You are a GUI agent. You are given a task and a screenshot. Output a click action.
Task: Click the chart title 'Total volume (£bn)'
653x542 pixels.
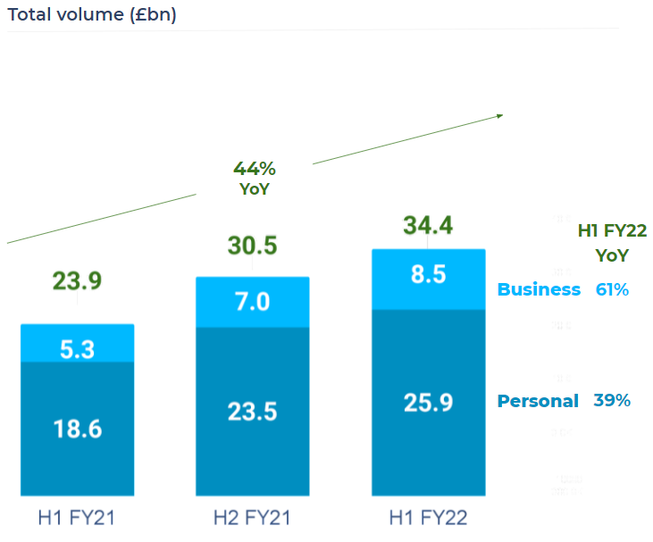[92, 14]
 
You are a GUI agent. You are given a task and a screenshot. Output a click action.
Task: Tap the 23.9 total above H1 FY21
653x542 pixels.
[77, 281]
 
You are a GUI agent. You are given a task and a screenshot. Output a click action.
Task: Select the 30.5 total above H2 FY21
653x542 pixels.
[252, 246]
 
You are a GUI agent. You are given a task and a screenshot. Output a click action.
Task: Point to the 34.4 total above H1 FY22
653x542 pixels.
[428, 225]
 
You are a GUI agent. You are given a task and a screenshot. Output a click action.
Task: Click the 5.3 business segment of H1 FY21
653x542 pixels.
[77, 350]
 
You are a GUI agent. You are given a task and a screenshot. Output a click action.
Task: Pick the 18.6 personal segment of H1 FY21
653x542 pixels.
[77, 429]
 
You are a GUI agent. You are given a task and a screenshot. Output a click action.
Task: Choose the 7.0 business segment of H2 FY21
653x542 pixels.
[252, 302]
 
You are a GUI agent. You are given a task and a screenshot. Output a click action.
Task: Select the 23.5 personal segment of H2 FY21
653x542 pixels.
[252, 412]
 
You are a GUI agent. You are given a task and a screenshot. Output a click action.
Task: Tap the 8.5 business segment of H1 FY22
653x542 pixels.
[428, 275]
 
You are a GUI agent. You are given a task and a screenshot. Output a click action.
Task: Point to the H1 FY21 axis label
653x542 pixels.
[77, 518]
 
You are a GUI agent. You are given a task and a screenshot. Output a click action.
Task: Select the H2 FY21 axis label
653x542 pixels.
[252, 518]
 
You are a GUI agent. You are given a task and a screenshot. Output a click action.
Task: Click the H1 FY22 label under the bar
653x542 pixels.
[428, 518]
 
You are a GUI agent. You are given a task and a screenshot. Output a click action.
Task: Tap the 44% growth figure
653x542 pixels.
[255, 169]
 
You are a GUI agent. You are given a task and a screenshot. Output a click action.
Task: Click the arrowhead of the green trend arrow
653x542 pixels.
[500, 115]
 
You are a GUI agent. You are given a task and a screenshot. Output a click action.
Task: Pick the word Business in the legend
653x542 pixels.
[539, 289]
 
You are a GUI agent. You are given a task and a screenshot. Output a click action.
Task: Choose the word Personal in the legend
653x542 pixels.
[538, 401]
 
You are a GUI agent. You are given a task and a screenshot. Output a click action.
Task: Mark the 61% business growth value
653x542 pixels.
[612, 289]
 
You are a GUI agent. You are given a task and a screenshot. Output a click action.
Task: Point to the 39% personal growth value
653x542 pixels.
[612, 401]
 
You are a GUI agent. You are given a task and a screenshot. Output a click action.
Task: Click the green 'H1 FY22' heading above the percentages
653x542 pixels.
[612, 231]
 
